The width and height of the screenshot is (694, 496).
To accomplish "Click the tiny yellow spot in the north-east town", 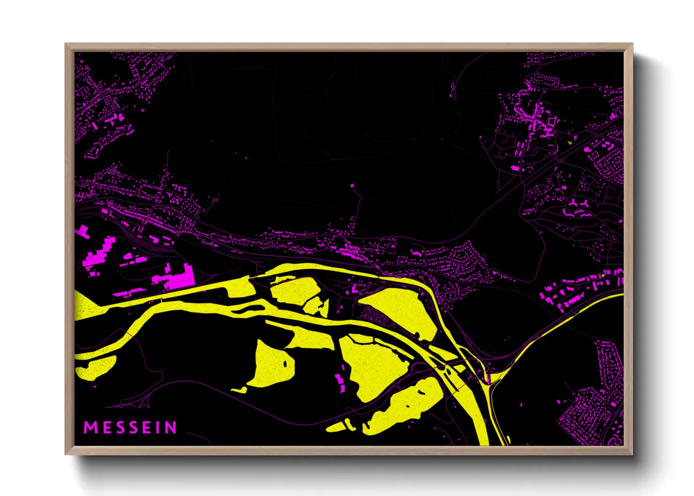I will point(570,141).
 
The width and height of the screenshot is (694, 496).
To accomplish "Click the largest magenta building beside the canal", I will point(178,278).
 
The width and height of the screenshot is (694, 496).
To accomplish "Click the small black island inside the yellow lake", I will point(286,363).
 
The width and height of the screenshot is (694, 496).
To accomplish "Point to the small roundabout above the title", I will point(121,404).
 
